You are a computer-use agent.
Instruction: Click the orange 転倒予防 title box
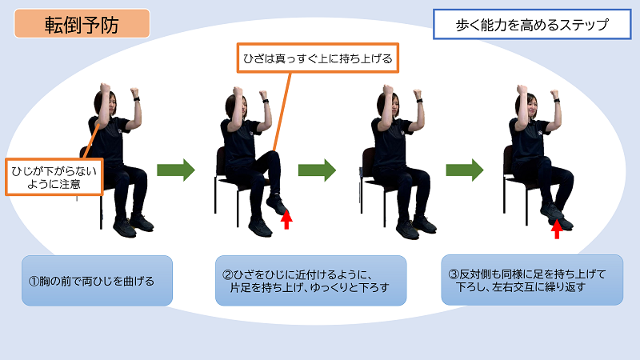coord(82,24)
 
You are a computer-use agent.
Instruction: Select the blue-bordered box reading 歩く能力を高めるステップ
coord(532,25)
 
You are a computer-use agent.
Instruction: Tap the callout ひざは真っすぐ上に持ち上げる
coord(318,58)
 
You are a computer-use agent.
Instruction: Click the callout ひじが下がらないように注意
coord(54,177)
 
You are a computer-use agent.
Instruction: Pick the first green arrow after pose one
coord(176,170)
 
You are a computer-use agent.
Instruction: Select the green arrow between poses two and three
coord(317,170)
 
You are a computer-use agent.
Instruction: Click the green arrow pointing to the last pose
coord(465,170)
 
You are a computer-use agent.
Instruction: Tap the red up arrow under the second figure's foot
coord(287,219)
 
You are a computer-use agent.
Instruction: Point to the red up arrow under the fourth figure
coord(557,229)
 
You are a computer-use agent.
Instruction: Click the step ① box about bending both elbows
coord(97,281)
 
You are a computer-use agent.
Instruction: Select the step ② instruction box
coord(310,281)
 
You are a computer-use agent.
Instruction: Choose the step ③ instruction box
coord(532,280)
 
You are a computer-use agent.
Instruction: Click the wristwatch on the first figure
coord(136,98)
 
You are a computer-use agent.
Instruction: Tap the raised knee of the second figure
coord(271,157)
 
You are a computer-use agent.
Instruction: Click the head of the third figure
coord(390,105)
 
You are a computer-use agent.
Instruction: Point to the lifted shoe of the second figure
coord(277,205)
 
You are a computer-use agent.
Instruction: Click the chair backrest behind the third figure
coord(368,162)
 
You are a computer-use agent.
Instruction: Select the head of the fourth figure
coord(526,105)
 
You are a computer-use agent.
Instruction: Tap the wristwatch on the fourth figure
coord(556,100)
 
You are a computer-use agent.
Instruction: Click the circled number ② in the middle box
coord(227,274)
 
